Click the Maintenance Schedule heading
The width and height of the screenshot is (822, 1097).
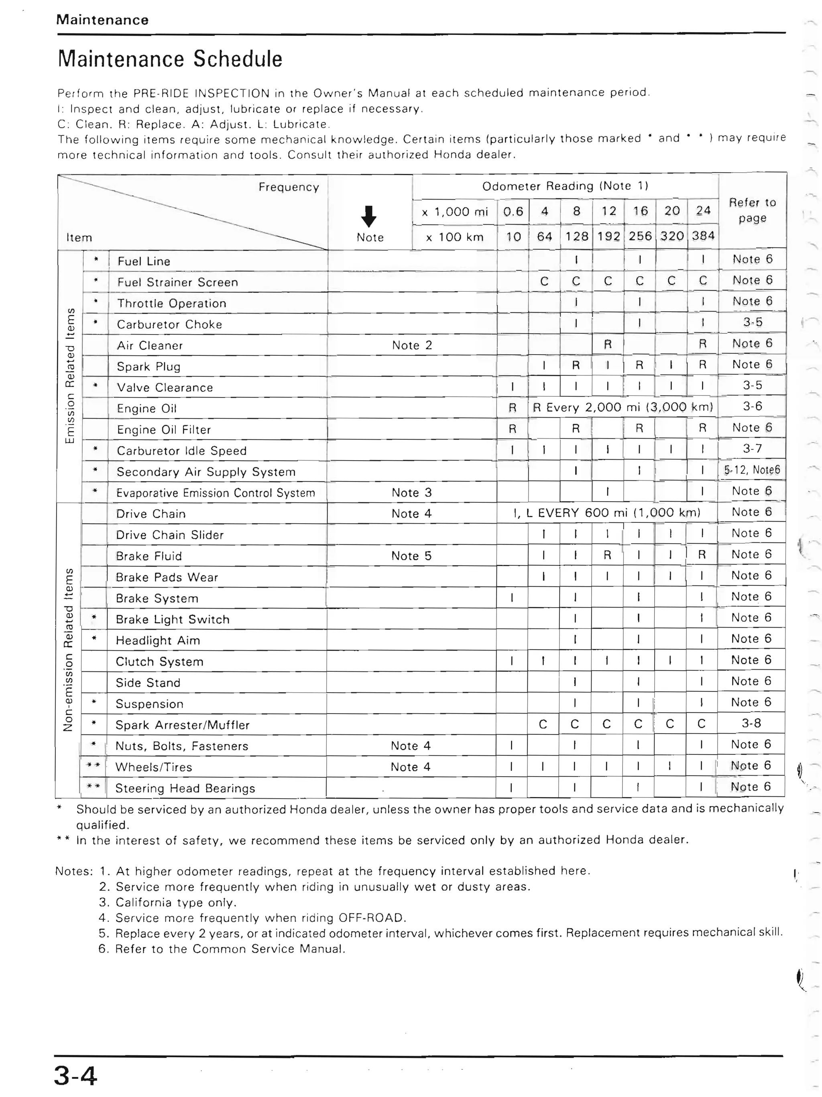point(170,59)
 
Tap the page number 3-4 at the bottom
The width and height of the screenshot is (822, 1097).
point(75,1076)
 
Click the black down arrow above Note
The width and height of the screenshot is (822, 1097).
point(368,216)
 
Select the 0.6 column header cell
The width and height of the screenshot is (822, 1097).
point(513,212)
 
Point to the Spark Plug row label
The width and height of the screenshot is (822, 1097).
point(149,367)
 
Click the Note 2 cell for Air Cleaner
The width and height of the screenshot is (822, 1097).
point(412,345)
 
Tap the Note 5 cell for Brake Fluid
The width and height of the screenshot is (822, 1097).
point(411,556)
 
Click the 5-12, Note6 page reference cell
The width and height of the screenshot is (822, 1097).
point(752,470)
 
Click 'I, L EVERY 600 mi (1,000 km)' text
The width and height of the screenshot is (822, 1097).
point(607,513)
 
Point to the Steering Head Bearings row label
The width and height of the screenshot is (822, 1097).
point(185,788)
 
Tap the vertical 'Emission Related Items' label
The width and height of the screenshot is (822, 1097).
point(70,375)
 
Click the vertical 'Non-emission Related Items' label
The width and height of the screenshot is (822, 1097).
point(68,649)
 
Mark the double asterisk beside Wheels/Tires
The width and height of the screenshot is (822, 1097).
point(93,765)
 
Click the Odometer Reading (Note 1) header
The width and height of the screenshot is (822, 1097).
point(565,186)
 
